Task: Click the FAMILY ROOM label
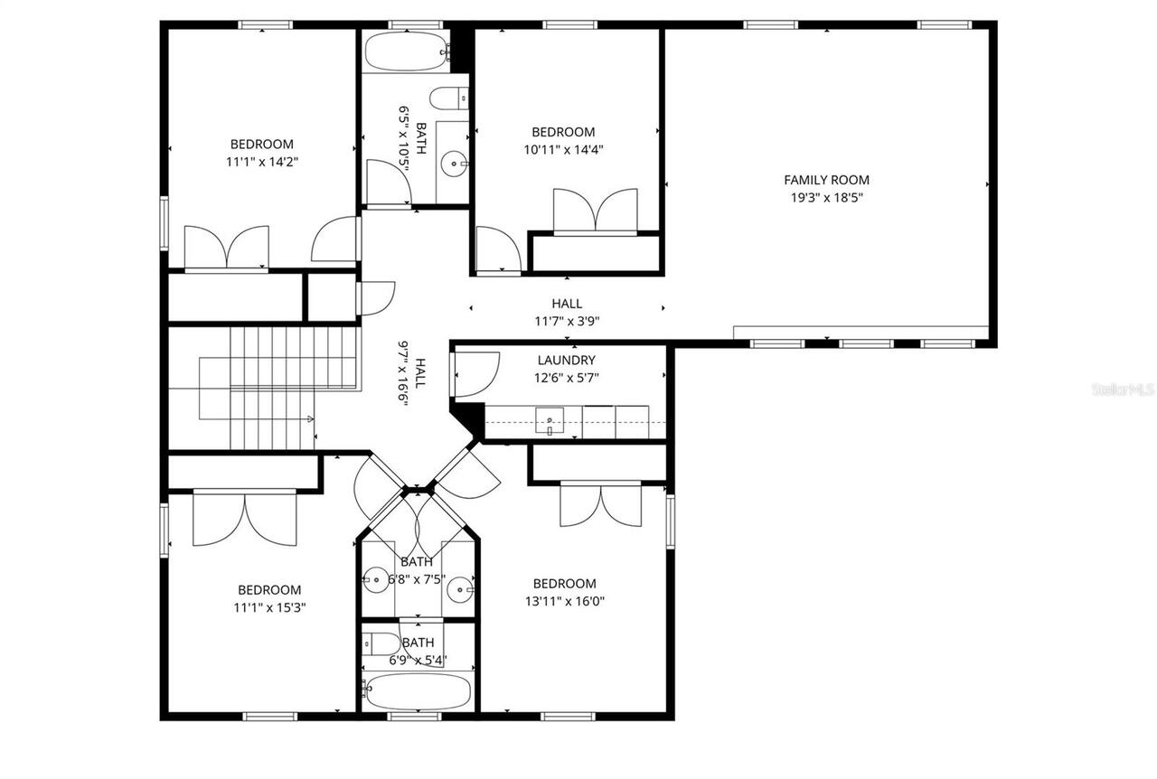point(826,180)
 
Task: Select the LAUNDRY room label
point(566,360)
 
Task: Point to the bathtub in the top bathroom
point(407,52)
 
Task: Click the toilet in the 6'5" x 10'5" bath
point(448,98)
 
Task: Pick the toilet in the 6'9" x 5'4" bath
point(383,643)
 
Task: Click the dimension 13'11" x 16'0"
point(564,601)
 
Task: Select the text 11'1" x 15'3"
point(269,607)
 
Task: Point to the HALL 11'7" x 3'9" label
point(567,312)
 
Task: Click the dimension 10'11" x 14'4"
point(564,149)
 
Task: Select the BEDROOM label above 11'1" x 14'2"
point(262,144)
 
